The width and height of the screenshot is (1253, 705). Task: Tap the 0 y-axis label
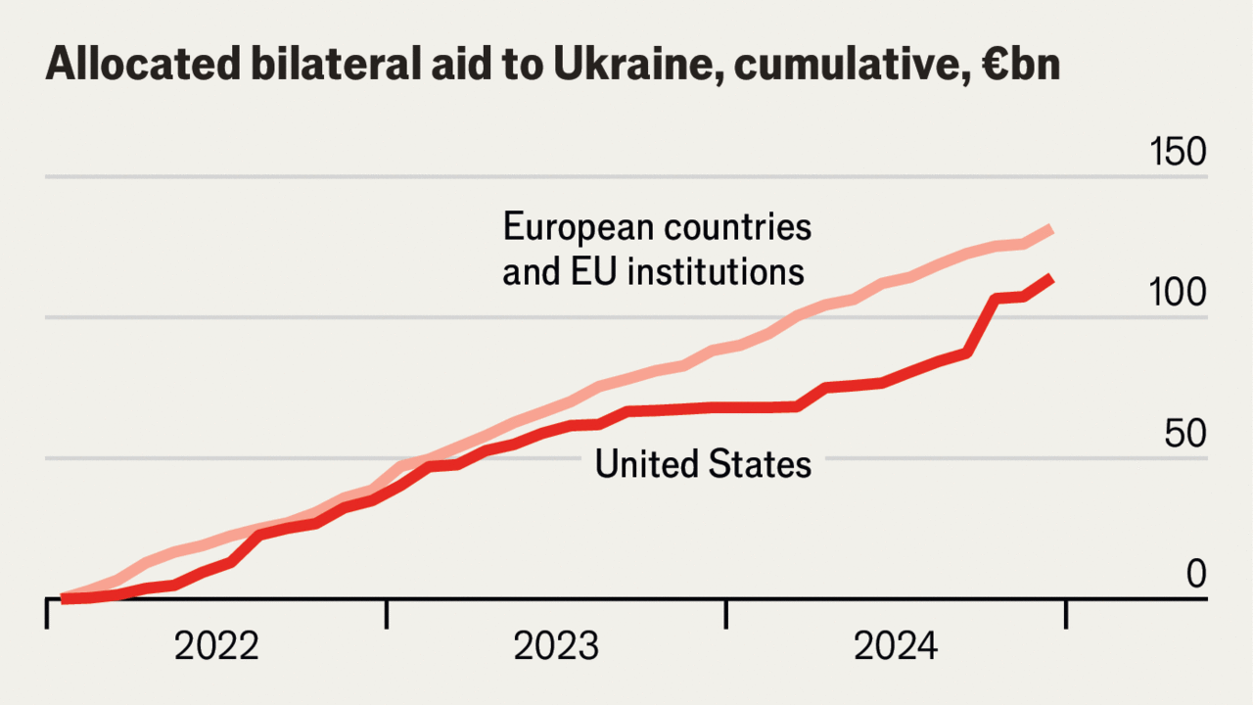pyautogui.click(x=1196, y=574)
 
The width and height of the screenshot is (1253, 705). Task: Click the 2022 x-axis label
pyautogui.click(x=216, y=647)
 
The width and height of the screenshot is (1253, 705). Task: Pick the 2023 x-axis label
pyautogui.click(x=556, y=647)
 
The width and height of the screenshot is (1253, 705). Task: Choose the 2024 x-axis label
pyautogui.click(x=896, y=647)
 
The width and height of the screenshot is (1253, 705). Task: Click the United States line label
pyautogui.click(x=703, y=464)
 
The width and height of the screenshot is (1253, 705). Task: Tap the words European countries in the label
pyautogui.click(x=657, y=227)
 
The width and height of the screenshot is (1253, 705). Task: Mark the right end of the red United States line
pyautogui.click(x=1051, y=279)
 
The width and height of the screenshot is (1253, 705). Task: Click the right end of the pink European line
pyautogui.click(x=1051, y=229)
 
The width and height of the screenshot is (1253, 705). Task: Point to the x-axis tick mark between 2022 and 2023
pyautogui.click(x=387, y=613)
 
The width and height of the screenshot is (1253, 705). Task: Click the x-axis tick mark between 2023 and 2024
pyautogui.click(x=725, y=613)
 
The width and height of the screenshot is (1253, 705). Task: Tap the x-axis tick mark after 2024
pyautogui.click(x=1065, y=613)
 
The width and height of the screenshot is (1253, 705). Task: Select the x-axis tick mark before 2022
pyautogui.click(x=47, y=613)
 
